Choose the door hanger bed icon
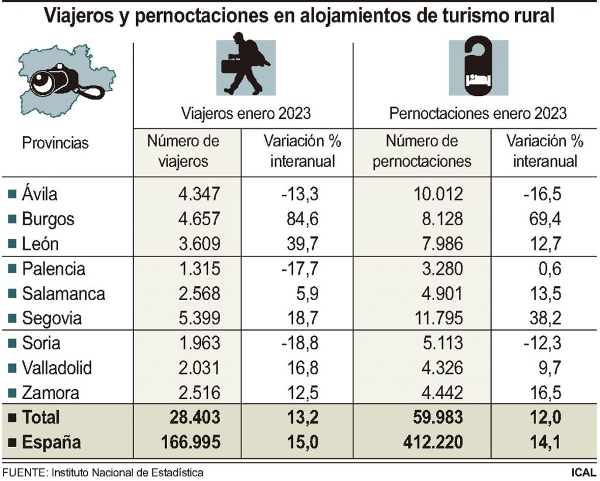[x=478, y=66]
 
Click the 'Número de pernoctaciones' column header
[x=422, y=151]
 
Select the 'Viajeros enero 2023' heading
[x=246, y=113]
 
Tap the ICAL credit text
[x=584, y=472]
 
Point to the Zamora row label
[x=50, y=392]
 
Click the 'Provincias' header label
[x=55, y=143]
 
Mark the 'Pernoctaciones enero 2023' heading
[x=478, y=113]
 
